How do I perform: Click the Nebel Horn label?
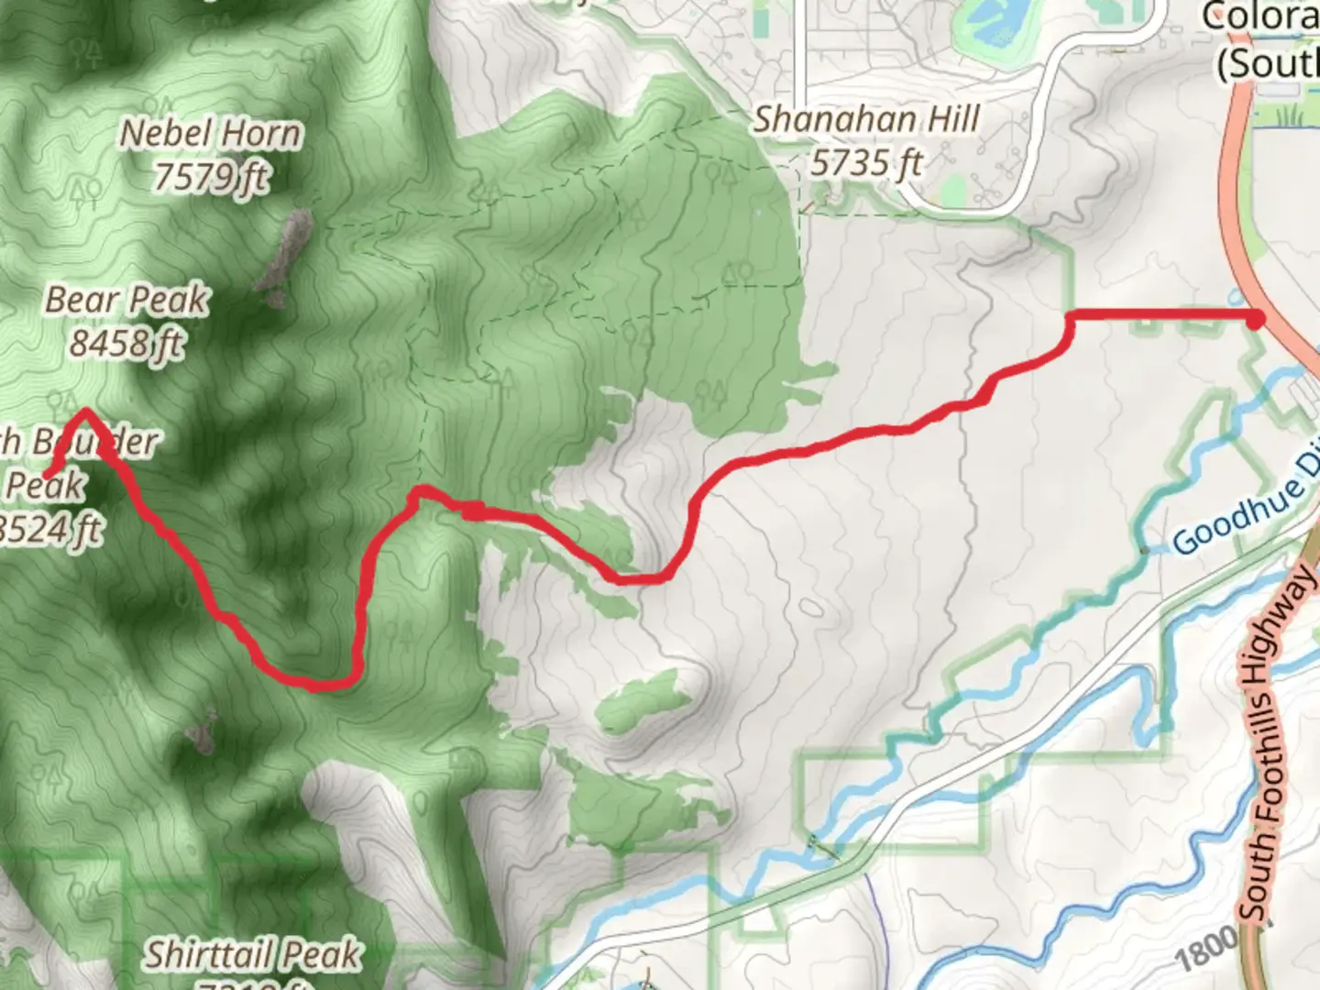pos(211,134)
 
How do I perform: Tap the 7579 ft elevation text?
pos(211,175)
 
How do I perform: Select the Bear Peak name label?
pos(127,300)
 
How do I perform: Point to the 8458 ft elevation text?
pos(127,344)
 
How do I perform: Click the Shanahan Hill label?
pos(866,119)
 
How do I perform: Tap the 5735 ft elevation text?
pos(866,163)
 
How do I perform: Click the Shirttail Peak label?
pos(252,955)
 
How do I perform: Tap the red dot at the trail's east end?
pos(1255,318)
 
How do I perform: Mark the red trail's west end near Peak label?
pos(46,474)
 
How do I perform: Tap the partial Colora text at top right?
pos(1260,16)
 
